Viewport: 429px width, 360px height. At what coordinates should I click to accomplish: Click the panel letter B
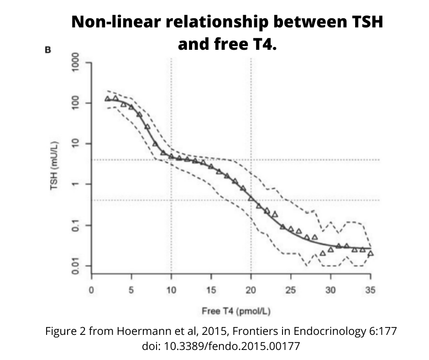47,50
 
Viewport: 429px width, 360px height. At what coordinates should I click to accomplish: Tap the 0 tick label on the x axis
92,290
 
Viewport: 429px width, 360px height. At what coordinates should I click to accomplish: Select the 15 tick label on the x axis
211,290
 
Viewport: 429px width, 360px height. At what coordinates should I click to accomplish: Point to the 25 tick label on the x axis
291,290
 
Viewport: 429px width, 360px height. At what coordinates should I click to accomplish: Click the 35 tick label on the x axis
370,290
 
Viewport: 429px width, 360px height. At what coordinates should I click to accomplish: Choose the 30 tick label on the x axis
330,290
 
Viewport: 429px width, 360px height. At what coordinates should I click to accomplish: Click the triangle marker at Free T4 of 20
251,198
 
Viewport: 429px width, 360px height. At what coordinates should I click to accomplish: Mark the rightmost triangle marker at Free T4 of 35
371,253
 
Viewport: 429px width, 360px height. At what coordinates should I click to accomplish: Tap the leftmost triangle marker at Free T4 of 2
108,99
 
